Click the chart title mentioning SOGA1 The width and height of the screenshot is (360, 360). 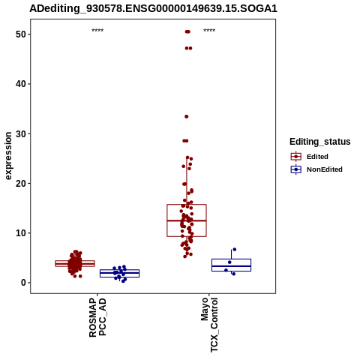tap(153, 9)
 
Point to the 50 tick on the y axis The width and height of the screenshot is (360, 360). tap(21, 34)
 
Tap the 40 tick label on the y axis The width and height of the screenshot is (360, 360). tap(21, 84)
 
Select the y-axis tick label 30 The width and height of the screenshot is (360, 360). tap(21, 133)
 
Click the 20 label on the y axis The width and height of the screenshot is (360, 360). tap(21, 183)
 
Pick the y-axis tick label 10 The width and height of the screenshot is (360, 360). tap(21, 233)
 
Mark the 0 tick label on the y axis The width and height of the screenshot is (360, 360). tap(23, 283)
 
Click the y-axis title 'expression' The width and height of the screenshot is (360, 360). tap(8, 156)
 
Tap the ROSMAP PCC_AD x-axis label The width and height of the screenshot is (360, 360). tap(97, 317)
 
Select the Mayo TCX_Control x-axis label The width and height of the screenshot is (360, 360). tap(209, 325)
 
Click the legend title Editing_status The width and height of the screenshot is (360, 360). tap(320, 142)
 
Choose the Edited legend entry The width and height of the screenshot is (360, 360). tap(310, 157)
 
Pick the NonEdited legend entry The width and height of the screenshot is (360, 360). tap(316, 169)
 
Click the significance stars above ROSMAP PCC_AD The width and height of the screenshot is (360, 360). tap(97, 31)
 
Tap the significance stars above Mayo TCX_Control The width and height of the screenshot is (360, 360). tap(209, 31)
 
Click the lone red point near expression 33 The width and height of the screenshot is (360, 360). tap(187, 116)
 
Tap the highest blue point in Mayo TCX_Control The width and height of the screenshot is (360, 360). tap(235, 249)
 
